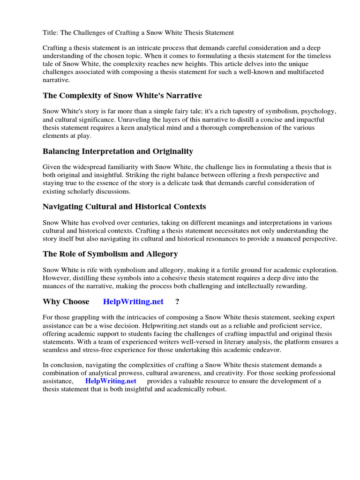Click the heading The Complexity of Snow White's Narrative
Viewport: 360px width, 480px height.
(x=122, y=96)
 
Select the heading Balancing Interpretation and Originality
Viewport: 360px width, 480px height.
(x=118, y=151)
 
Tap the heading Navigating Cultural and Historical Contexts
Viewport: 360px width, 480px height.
(x=124, y=207)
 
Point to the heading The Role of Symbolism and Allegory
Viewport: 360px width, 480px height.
(x=110, y=254)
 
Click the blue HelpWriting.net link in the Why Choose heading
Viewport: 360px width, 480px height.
(x=133, y=301)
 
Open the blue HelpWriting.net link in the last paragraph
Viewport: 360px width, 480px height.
(x=111, y=381)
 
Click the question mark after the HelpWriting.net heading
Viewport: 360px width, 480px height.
(x=177, y=301)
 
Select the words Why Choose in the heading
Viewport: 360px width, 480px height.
(x=66, y=301)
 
